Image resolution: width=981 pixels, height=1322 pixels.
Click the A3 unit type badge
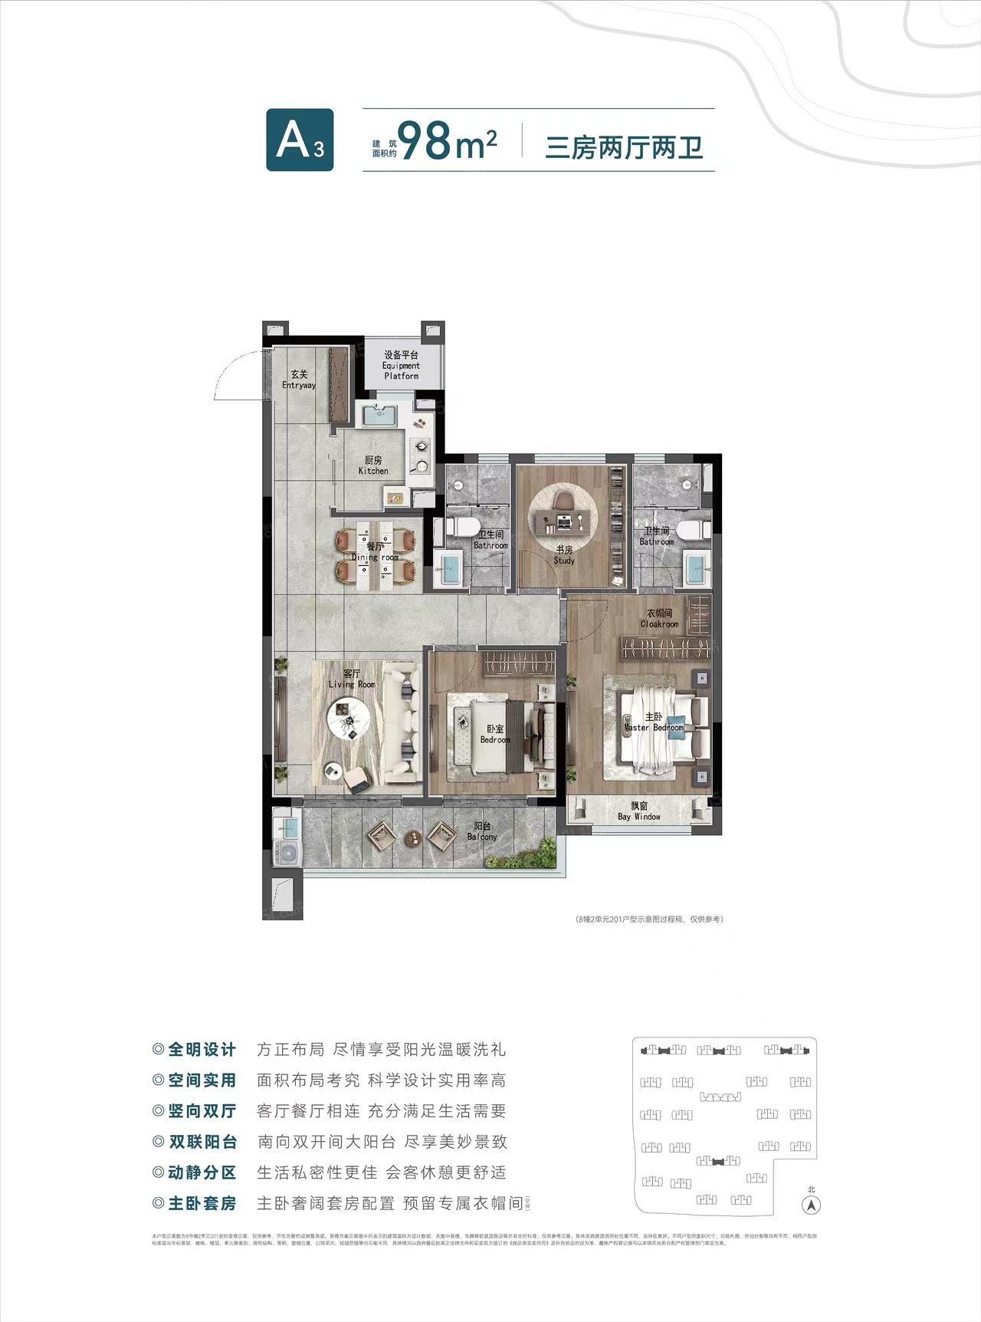[x=300, y=140]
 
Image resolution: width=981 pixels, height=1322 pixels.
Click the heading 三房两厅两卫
[x=624, y=146]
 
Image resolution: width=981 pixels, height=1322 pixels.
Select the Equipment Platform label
[x=402, y=366]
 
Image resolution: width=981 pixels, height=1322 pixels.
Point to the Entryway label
[x=299, y=380]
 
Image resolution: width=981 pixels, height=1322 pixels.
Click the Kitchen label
[x=373, y=465]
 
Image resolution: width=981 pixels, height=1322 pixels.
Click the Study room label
[x=564, y=555]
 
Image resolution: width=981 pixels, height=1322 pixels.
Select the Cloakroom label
[x=659, y=619]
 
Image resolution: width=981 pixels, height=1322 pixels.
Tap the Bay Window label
[x=639, y=811]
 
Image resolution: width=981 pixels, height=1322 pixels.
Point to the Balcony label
[x=482, y=832]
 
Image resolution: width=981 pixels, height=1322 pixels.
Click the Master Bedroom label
[x=654, y=722]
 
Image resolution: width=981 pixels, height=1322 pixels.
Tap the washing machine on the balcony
[x=288, y=853]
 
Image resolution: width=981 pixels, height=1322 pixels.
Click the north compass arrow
[x=811, y=1205]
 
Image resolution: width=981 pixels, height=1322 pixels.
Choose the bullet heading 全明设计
[x=202, y=1050]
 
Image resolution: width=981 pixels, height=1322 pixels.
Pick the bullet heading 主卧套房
[x=202, y=1203]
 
